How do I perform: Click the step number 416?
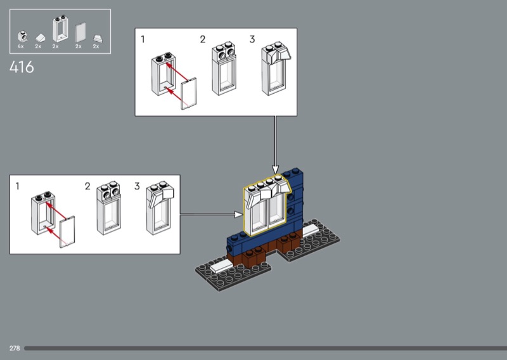coord(22,67)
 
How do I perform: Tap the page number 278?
coord(14,348)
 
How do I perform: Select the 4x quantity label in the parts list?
coord(20,46)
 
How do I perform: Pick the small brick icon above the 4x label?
coord(22,35)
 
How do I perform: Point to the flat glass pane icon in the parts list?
coord(80,32)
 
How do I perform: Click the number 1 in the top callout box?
coord(143,39)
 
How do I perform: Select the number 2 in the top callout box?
coord(203,39)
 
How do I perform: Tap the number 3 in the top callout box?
coord(252,39)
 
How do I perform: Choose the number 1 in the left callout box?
coord(17,186)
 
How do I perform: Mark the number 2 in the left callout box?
coord(87,186)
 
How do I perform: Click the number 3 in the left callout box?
coord(137,186)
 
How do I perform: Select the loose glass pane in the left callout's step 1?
coord(68,231)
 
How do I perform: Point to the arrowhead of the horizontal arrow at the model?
coord(240,214)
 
